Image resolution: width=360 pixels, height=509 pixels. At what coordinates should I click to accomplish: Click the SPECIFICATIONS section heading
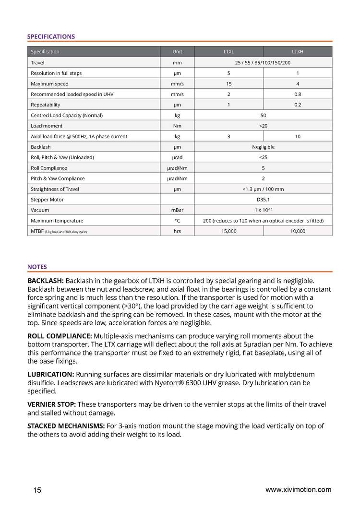click(x=51, y=36)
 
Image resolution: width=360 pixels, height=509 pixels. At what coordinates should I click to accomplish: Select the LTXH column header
click(x=298, y=52)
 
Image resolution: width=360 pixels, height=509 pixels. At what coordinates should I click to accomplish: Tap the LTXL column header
click(x=229, y=52)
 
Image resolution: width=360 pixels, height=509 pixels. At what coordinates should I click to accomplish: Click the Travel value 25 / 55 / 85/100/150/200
click(x=263, y=62)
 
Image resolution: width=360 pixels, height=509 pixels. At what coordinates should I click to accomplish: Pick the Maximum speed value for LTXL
click(x=229, y=84)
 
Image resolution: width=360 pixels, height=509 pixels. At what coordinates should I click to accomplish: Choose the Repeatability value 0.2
click(x=298, y=105)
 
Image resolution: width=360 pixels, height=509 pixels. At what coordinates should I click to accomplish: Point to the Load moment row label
click(x=47, y=126)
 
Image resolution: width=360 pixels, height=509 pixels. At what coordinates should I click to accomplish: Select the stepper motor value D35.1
click(x=263, y=200)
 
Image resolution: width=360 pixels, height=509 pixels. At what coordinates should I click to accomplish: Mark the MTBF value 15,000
click(x=229, y=231)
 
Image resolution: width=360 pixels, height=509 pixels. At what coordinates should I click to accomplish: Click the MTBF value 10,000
click(x=298, y=231)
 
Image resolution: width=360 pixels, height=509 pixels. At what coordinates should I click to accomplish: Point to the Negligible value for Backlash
click(x=263, y=147)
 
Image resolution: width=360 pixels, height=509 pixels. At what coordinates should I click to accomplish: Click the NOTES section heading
click(x=37, y=267)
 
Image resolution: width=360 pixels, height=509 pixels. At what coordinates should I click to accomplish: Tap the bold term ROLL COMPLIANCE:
click(x=60, y=335)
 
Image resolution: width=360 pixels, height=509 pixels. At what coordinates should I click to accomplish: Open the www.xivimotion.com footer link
click(x=298, y=490)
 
